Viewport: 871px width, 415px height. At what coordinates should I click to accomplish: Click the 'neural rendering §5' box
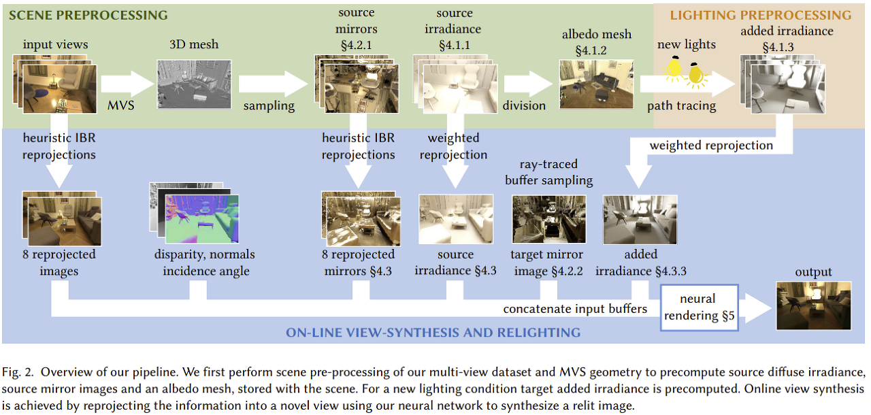[x=700, y=307]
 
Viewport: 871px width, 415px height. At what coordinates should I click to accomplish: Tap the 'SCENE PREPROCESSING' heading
[x=88, y=14]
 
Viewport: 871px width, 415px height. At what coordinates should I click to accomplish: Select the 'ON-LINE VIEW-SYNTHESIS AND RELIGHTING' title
[x=433, y=333]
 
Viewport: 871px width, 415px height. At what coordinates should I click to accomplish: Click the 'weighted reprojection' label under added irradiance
[x=711, y=146]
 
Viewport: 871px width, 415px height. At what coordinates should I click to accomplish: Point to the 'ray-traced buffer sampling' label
[x=549, y=172]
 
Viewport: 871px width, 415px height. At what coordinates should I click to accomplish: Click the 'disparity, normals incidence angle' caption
[x=204, y=263]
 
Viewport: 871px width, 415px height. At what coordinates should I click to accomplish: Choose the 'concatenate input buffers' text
[x=575, y=309]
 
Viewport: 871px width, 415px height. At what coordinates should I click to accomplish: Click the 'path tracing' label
[x=681, y=106]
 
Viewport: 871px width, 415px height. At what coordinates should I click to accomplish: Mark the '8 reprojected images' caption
[x=60, y=263]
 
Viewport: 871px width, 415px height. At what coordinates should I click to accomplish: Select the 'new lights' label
[x=687, y=44]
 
